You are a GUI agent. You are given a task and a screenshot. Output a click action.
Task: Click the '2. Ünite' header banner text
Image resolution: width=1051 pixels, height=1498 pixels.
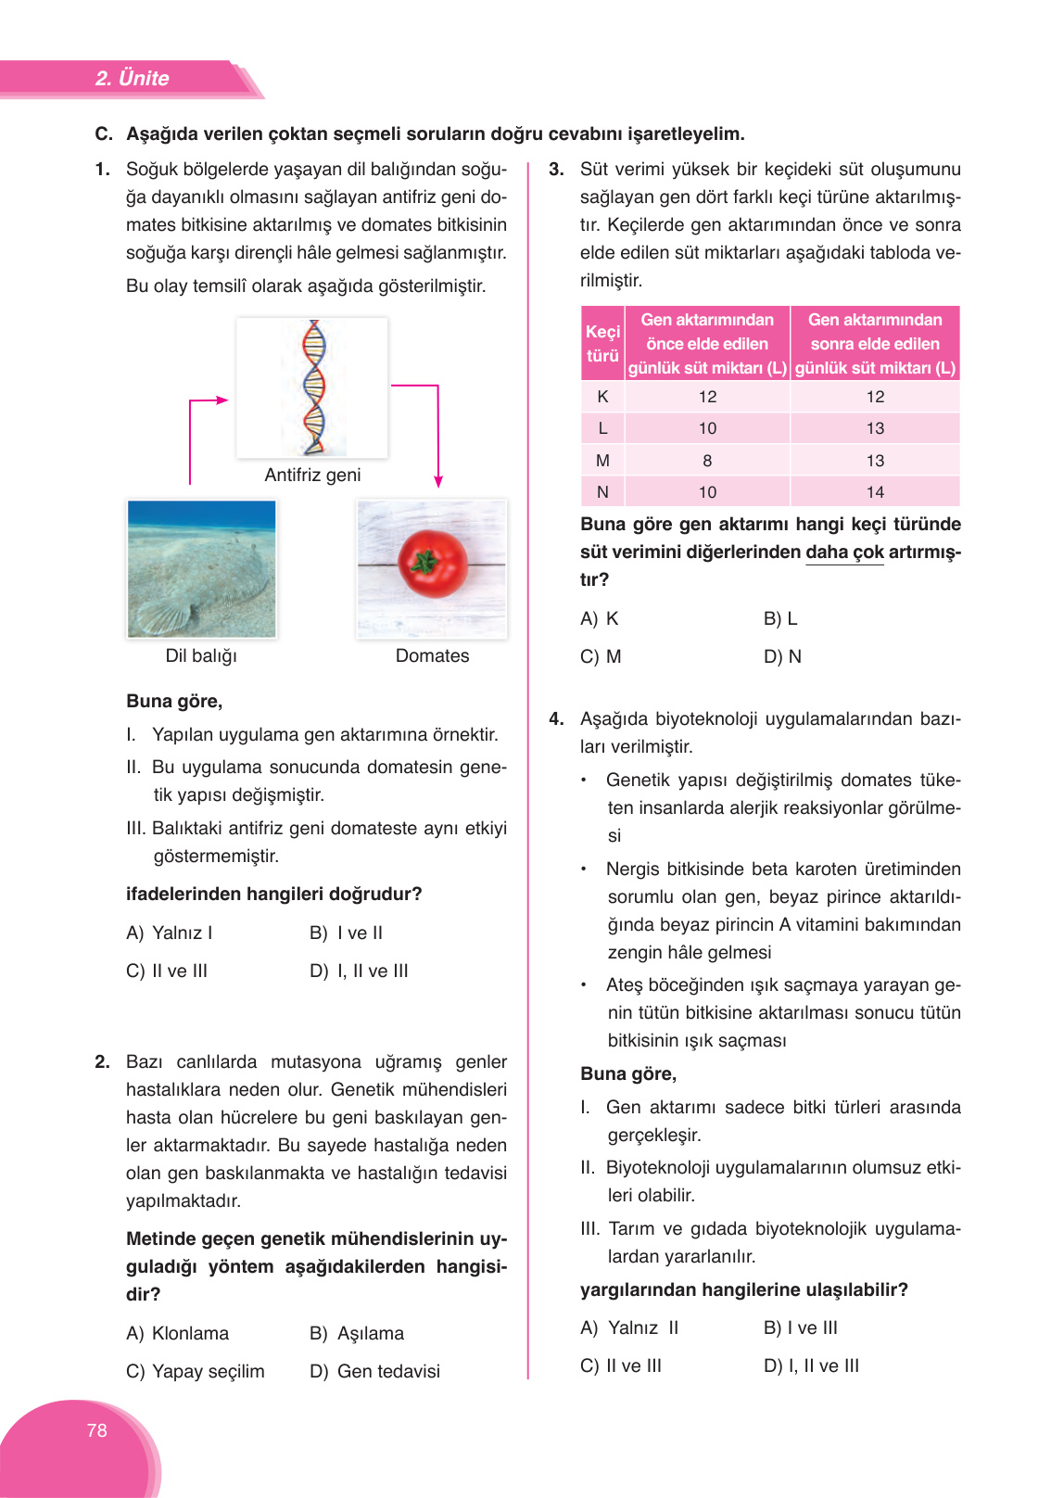[132, 78]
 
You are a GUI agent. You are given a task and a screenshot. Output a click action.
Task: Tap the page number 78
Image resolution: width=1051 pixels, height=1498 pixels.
[96, 1430]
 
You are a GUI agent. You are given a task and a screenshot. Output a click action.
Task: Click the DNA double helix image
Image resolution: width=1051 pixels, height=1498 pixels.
[314, 387]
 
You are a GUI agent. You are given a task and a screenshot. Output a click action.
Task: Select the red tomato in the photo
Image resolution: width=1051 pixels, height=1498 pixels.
[433, 564]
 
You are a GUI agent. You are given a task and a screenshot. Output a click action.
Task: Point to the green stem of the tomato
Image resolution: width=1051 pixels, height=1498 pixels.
[425, 560]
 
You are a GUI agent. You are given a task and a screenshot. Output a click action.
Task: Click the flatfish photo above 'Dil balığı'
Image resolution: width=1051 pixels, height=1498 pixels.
[201, 568]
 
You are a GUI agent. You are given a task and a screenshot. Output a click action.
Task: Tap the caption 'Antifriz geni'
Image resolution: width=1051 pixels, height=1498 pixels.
[312, 475]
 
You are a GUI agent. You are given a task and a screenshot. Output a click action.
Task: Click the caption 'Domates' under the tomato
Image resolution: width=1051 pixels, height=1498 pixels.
[432, 655]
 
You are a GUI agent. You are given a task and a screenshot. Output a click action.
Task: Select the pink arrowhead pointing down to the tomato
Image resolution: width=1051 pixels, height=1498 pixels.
[438, 481]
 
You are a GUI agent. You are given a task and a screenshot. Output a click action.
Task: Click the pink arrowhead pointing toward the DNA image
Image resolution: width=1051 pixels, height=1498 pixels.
[222, 400]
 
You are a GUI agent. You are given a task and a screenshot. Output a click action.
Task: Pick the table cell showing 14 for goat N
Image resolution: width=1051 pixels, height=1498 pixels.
[875, 492]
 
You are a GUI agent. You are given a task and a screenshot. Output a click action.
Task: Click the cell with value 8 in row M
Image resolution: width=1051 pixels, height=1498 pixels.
[707, 461]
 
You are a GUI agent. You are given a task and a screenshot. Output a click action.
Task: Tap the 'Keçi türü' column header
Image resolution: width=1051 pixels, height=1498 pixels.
[602, 344]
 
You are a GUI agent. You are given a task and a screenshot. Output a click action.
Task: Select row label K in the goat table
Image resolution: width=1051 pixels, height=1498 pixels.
[602, 397]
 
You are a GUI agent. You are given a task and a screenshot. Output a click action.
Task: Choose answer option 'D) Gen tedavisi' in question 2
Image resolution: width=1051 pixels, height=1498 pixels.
[375, 1371]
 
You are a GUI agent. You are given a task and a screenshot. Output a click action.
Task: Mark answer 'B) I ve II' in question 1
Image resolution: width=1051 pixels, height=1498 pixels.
[347, 933]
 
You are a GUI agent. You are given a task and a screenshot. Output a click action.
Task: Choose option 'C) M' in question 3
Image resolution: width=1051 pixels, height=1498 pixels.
[601, 656]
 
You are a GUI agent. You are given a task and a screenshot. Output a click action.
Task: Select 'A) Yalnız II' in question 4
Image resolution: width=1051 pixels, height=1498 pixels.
[629, 1327]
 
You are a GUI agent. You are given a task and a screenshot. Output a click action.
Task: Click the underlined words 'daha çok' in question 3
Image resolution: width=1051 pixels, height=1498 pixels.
[844, 552]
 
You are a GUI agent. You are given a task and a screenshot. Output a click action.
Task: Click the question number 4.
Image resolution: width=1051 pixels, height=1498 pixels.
[556, 718]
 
